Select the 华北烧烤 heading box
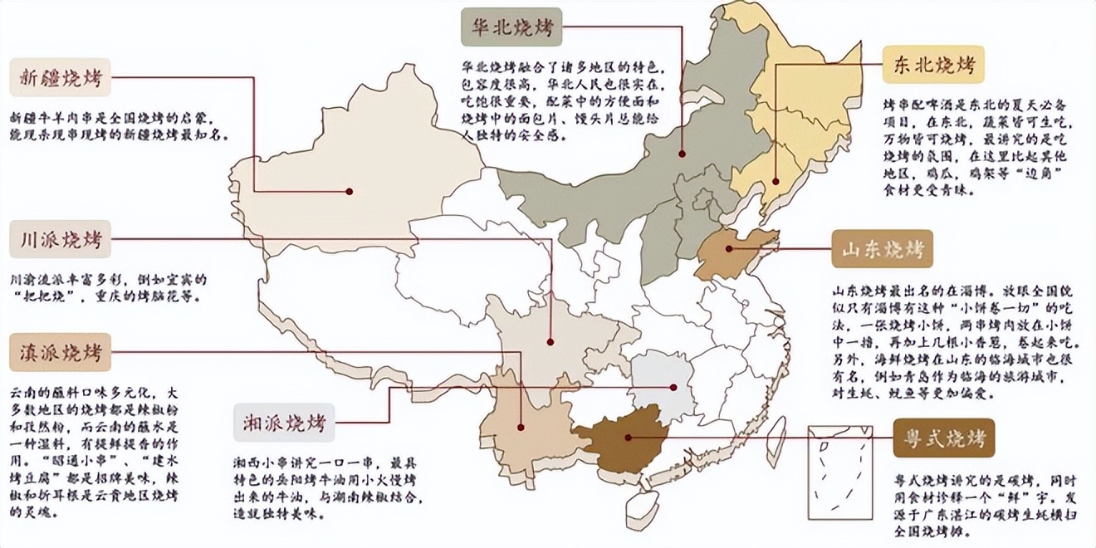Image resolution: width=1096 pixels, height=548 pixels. tap(511, 28)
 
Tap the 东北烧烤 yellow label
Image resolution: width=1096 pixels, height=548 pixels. tap(933, 64)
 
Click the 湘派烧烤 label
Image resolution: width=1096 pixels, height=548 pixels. tap(283, 422)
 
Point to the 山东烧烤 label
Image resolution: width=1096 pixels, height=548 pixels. tap(882, 248)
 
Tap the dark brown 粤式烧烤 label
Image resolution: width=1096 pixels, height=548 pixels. tap(943, 438)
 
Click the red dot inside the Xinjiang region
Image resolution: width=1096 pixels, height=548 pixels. tap(350, 192)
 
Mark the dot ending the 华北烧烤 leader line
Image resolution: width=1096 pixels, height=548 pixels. tap(682, 154)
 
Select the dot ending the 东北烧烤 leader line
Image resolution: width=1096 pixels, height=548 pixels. tap(775, 181)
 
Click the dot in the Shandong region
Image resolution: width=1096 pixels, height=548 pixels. tap(730, 248)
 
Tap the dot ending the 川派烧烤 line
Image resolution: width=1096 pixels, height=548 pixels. tap(550, 341)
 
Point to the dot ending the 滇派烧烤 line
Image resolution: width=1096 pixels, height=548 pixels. tap(520, 428)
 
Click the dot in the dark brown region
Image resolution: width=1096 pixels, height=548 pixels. tap(629, 438)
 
